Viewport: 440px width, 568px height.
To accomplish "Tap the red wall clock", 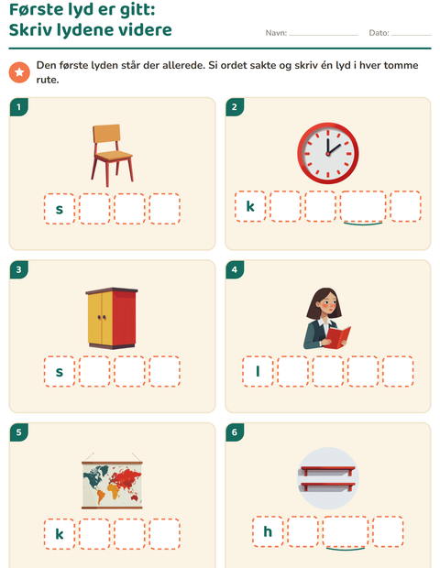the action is (328, 153).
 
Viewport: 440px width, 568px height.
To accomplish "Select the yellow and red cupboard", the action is (112, 318).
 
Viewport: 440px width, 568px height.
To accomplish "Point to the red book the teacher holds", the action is (338, 337).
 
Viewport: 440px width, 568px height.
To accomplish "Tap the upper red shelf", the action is (327, 470).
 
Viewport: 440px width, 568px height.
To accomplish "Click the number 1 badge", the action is (19, 107).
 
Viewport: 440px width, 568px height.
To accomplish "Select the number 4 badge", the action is (235, 269).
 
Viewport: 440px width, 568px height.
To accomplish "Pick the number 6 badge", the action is (235, 432).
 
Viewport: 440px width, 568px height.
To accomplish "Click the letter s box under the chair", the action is (60, 209).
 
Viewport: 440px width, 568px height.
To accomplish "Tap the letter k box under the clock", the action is (250, 206).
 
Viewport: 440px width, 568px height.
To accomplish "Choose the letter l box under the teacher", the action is (258, 371).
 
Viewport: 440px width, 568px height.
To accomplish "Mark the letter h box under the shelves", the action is (268, 531).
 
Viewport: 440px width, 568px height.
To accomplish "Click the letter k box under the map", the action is (60, 534).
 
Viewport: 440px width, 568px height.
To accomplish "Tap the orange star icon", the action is (19, 72).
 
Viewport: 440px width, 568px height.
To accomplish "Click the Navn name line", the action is (324, 35).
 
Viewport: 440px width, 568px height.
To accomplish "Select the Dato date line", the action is (411, 35).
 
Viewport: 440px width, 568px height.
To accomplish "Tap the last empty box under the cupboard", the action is (165, 371).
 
